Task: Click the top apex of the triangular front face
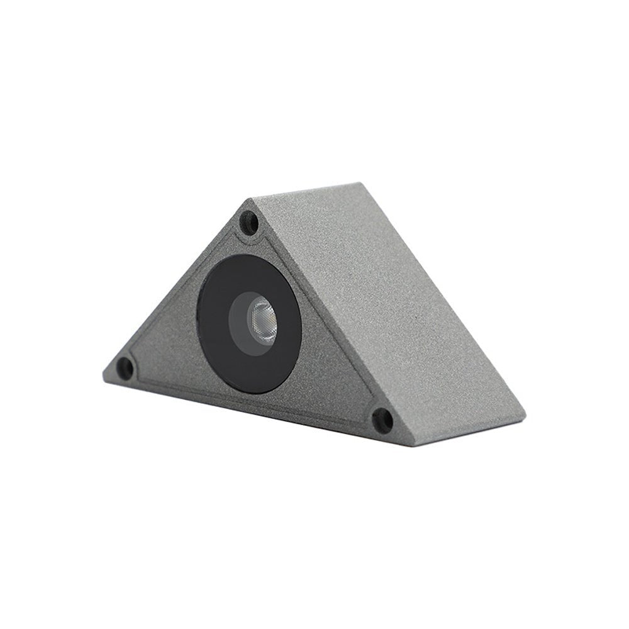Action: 250,200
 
